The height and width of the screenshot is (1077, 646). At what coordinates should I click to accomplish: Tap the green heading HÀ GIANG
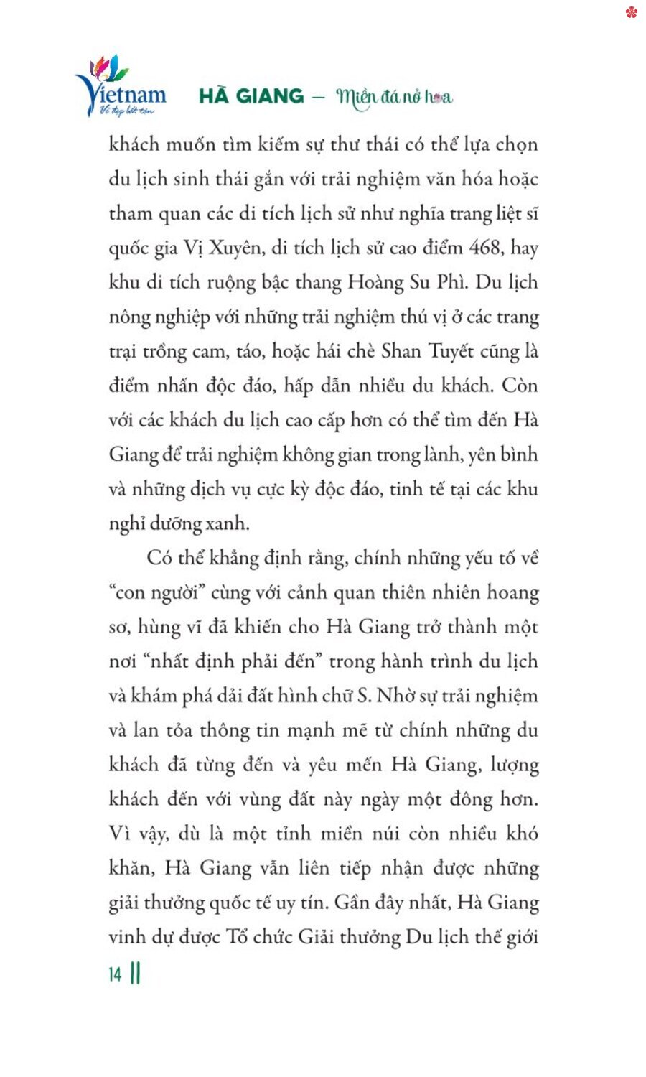251,96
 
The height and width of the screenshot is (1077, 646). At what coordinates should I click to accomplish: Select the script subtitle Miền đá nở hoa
394,97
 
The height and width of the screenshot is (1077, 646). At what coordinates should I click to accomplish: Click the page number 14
115,974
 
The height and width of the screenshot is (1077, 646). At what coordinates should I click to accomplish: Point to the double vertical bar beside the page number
136,974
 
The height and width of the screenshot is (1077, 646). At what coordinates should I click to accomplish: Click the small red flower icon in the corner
631,12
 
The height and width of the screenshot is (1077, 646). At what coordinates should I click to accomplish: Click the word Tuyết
451,351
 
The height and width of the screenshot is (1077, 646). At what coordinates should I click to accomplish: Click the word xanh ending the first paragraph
228,523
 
